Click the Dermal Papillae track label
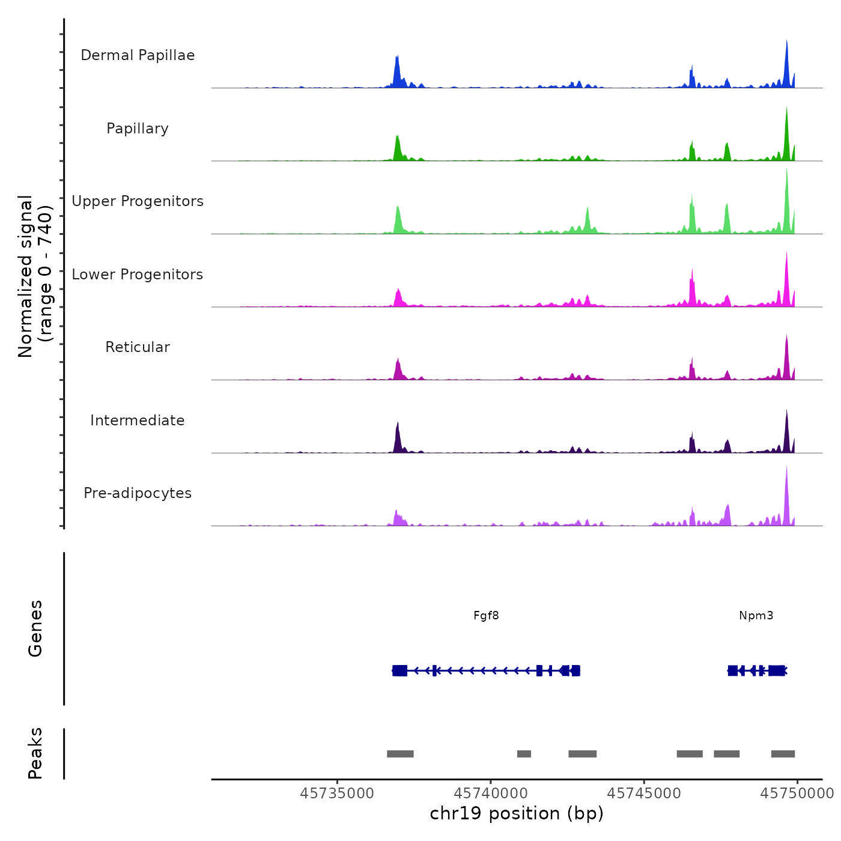tap(138, 55)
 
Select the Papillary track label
tap(138, 129)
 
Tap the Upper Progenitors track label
tap(138, 201)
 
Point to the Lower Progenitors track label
tap(138, 275)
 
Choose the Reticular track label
tap(138, 347)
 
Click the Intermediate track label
tap(138, 421)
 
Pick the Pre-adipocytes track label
tap(138, 493)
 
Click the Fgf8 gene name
tap(486, 616)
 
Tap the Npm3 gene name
tap(756, 616)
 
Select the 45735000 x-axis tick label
tap(337, 794)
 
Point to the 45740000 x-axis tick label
tap(491, 794)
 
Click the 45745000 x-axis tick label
tap(644, 794)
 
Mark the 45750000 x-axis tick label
tap(797, 794)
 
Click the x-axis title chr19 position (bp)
tap(517, 813)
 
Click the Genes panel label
tap(35, 628)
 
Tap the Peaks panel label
tap(35, 753)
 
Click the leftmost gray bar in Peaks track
tap(400, 754)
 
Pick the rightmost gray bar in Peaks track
tap(783, 754)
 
